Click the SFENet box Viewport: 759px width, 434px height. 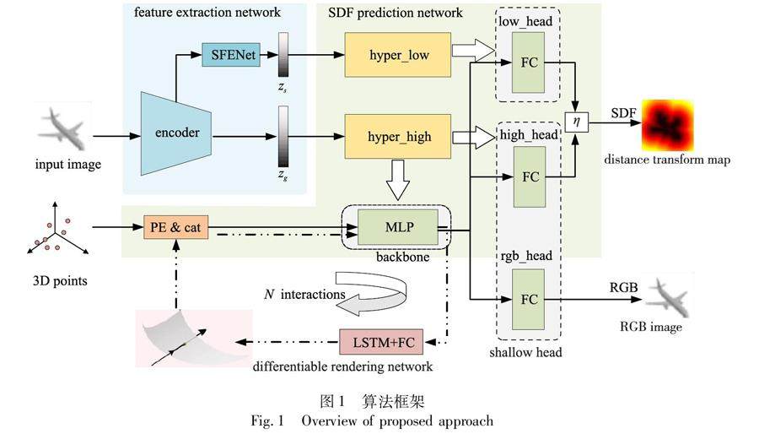point(229,57)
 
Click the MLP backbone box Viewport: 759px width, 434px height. point(396,226)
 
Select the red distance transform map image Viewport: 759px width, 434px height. point(669,124)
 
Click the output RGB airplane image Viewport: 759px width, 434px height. point(666,296)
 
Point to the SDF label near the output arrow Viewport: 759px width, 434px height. point(622,112)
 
